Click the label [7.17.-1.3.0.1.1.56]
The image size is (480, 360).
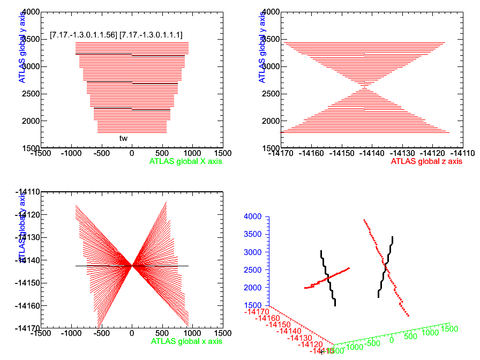point(83,35)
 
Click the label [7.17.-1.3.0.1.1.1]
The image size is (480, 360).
point(151,35)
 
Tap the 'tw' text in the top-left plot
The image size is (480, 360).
point(123,138)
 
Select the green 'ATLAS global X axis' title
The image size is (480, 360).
point(185,161)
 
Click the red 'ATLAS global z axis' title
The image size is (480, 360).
point(426,161)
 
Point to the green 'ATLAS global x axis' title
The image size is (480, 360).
point(186,341)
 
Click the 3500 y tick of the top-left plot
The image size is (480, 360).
point(31,39)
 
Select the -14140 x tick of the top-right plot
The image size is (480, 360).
point(364,153)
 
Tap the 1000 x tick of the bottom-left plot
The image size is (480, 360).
point(192,333)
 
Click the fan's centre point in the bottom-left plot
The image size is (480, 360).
point(132,265)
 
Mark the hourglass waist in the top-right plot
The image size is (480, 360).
point(364,86)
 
